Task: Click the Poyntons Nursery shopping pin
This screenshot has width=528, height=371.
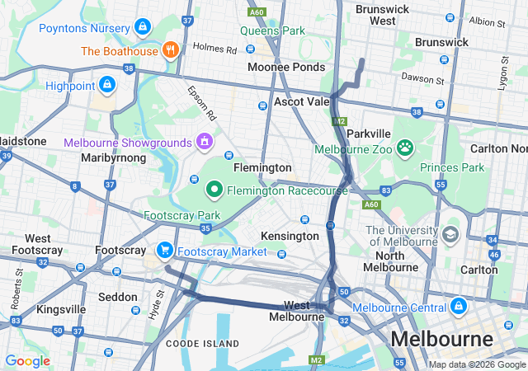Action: [x=143, y=27]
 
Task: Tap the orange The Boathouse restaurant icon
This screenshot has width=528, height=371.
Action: [x=171, y=49]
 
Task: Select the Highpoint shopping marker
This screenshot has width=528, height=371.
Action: [x=106, y=84]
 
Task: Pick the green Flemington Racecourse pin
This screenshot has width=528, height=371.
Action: [x=214, y=190]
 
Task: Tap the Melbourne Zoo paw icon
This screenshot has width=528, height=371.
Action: [x=404, y=148]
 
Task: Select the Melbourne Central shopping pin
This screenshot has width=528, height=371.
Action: [x=458, y=308]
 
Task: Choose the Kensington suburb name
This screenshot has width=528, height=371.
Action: [x=290, y=236]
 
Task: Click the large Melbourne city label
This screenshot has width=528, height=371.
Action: [x=441, y=339]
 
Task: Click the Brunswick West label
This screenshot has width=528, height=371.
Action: [x=382, y=15]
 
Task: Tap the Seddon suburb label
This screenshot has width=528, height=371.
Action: [x=117, y=296]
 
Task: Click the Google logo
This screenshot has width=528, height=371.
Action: [x=28, y=361]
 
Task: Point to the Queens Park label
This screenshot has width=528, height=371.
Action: [x=272, y=31]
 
